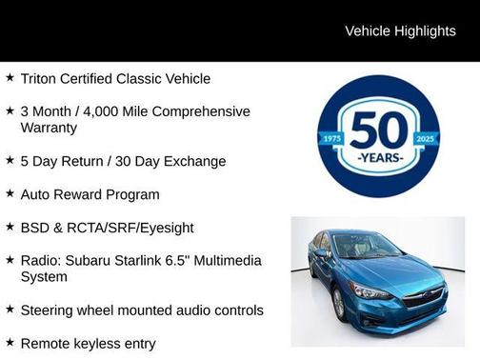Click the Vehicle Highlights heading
[x=400, y=30]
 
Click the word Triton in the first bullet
[x=39, y=78]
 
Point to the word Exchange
[x=194, y=161]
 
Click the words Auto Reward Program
[x=90, y=194]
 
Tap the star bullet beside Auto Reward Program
[x=10, y=193]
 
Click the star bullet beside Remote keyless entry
[x=10, y=342]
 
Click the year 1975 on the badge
[x=331, y=138]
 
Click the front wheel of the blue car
[x=340, y=304]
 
